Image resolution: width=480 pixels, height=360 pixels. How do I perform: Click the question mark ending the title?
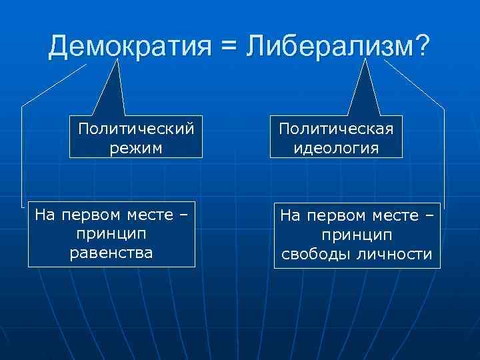coord(423,45)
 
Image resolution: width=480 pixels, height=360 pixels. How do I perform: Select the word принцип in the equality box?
coord(111,235)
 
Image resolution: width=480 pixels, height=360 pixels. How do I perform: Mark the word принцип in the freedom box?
coord(357,235)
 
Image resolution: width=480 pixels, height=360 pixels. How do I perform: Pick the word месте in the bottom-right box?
coord(393,217)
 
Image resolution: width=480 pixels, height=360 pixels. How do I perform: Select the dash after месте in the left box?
coord(183,217)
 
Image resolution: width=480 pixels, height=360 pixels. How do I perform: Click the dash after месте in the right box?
coord(429,217)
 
